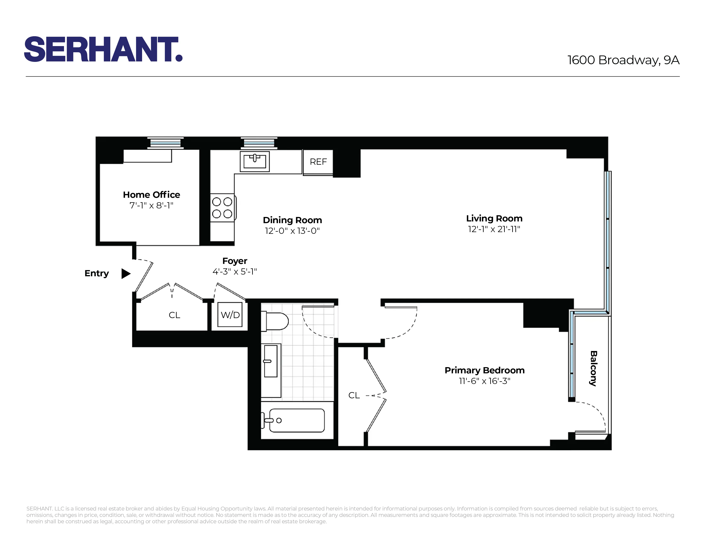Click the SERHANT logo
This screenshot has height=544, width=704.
point(103,49)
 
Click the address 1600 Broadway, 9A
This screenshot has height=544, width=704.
point(623,60)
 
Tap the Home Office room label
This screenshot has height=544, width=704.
point(151,195)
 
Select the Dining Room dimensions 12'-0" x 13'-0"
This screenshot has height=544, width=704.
point(292,231)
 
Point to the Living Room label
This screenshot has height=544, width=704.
point(494,218)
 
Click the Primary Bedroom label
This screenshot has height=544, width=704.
point(484,370)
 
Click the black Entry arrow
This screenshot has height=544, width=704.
point(125,274)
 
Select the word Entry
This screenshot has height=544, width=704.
point(96,273)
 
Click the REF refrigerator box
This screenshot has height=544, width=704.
point(318,162)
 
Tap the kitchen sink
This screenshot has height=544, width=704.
point(255,161)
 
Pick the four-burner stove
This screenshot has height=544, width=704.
point(222,208)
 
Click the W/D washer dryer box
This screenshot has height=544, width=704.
point(230,315)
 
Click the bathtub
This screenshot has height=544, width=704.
point(297,420)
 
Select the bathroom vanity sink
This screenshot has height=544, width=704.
point(271,361)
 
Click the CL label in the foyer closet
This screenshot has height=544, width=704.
point(174,315)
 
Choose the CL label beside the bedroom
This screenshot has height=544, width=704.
point(354,396)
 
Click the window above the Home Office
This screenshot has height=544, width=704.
point(165,143)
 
